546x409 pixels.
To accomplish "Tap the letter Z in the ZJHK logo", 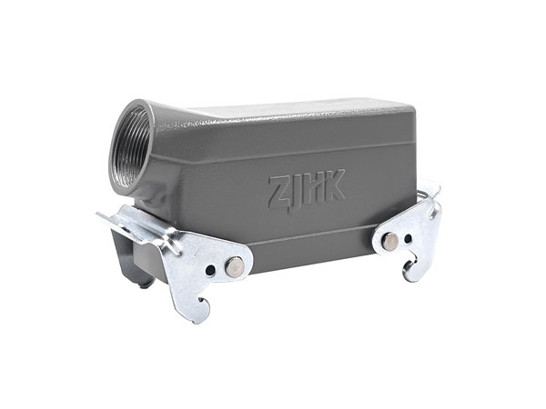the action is point(279,191).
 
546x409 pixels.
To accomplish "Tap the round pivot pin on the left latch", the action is point(234,265).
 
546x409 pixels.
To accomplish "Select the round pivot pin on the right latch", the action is point(389,240).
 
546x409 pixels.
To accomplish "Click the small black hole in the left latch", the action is point(210,270).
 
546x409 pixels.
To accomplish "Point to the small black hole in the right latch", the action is point(408,239).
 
